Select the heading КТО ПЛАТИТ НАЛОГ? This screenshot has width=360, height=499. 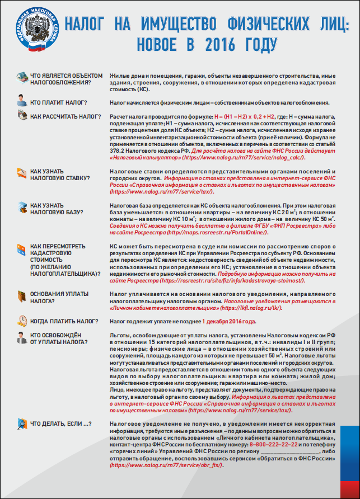58,102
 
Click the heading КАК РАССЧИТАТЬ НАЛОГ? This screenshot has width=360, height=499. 62,116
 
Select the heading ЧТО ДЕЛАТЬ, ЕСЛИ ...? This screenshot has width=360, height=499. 61,423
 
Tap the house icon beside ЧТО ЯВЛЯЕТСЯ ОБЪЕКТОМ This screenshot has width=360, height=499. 22,77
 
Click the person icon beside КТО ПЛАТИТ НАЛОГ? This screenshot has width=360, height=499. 22,101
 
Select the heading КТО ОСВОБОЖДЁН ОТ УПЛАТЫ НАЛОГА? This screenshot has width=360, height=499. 56,338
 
